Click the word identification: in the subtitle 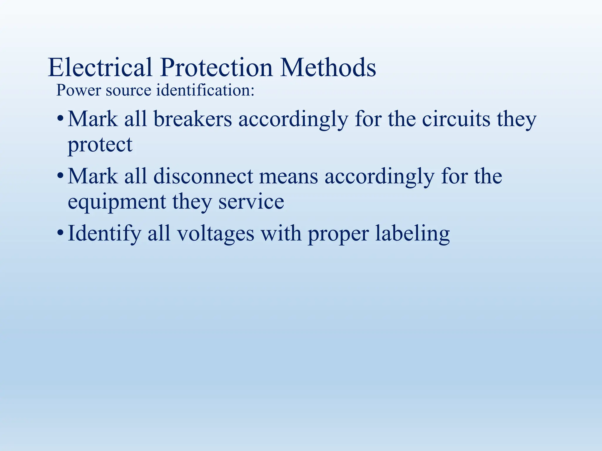[205, 90]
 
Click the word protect [100, 145]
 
